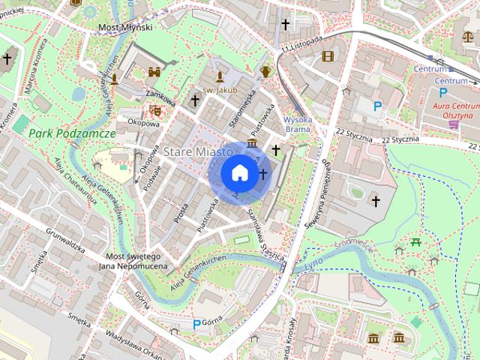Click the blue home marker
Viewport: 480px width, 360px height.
(239, 172)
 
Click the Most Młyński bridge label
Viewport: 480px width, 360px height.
(125, 27)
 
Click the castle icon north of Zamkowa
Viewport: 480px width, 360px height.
(155, 72)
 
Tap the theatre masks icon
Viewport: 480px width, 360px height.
(155, 109)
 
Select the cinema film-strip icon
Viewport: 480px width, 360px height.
(328, 55)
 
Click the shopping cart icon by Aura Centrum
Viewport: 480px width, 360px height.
(453, 125)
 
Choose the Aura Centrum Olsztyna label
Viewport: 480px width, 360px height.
(452, 111)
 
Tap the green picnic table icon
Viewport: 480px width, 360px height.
(415, 242)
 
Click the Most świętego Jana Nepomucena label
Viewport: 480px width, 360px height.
(130, 262)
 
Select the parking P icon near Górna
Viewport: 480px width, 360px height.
(196, 324)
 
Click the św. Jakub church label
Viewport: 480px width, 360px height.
(220, 90)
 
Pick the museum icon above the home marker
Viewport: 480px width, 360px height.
(252, 143)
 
